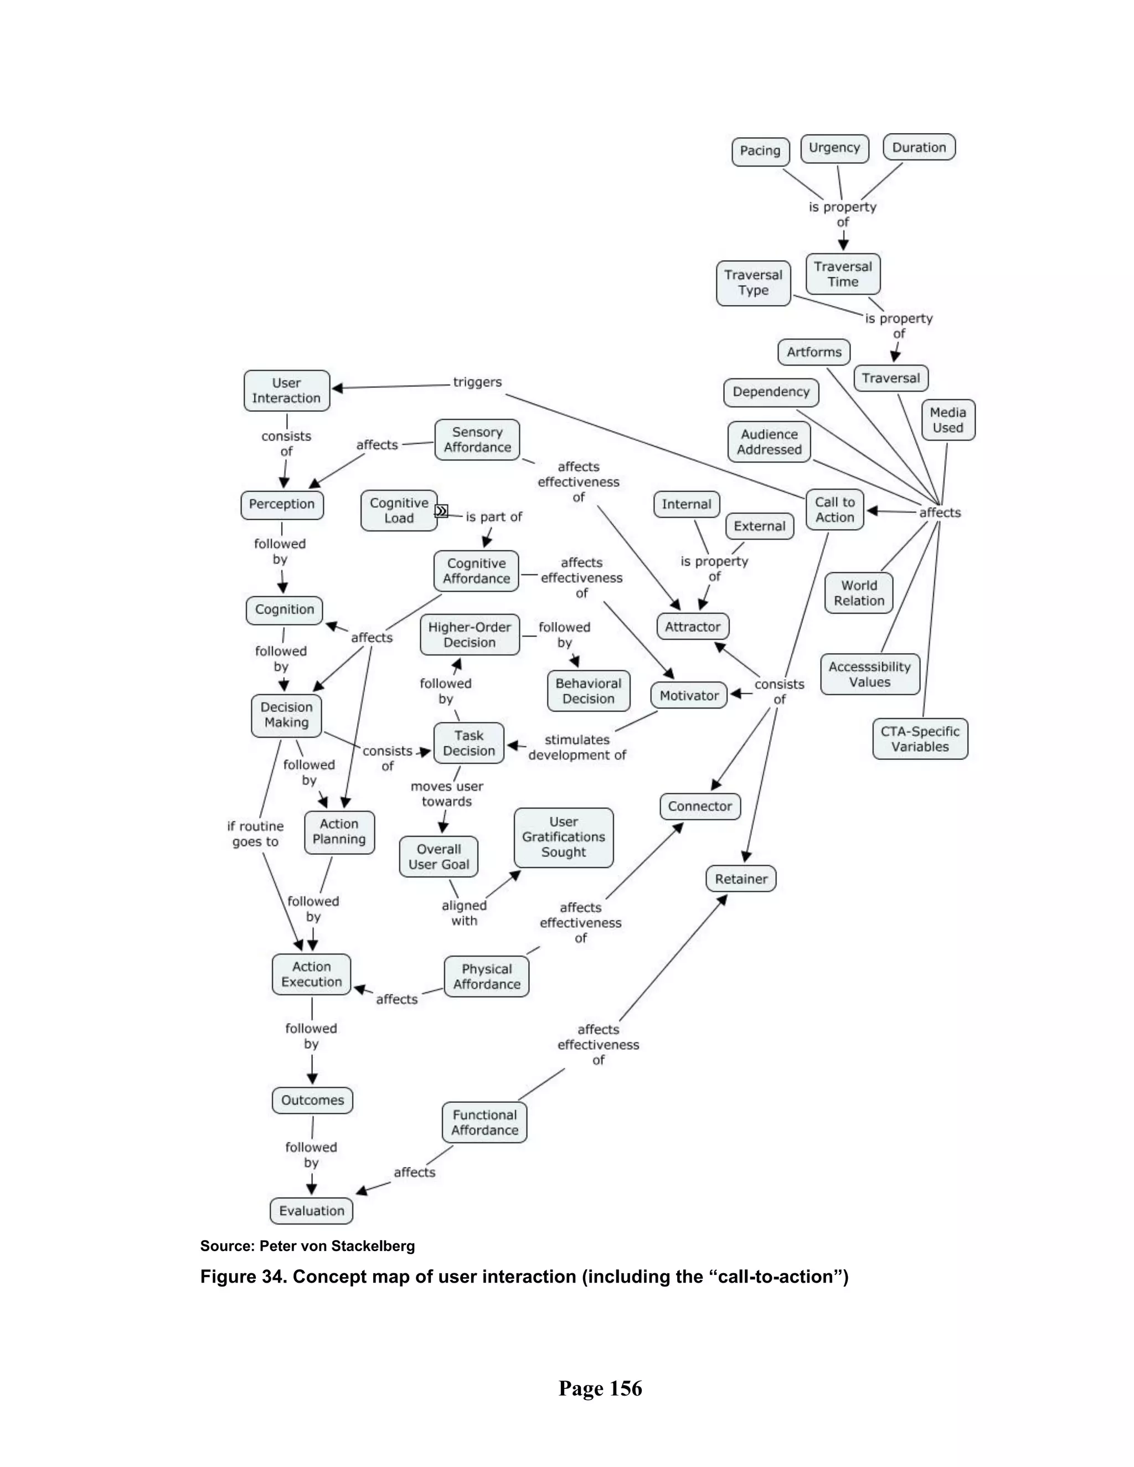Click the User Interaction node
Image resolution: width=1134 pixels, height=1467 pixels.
pyautogui.click(x=286, y=390)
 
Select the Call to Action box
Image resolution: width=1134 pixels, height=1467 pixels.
pyautogui.click(x=834, y=509)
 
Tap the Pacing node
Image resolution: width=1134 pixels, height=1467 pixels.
pyautogui.click(x=760, y=151)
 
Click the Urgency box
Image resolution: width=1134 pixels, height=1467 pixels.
pyautogui.click(x=834, y=148)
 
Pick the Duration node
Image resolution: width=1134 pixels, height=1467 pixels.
pyautogui.click(x=919, y=147)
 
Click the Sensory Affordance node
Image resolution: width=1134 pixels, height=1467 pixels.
pyautogui.click(x=477, y=440)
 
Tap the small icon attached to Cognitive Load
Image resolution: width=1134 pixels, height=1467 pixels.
pyautogui.click(x=441, y=510)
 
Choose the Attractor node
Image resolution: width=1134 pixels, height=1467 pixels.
pyautogui.click(x=692, y=627)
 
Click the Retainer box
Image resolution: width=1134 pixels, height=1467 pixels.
pyautogui.click(x=740, y=879)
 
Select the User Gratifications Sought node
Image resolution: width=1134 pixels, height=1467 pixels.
pyautogui.click(x=563, y=837)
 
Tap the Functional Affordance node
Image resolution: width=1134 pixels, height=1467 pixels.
pyautogui.click(x=484, y=1123)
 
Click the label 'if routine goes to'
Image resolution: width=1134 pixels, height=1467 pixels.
pyautogui.click(x=255, y=834)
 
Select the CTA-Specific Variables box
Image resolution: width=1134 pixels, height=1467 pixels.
pyautogui.click(x=920, y=739)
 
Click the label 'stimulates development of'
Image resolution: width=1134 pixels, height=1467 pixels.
pyautogui.click(x=576, y=747)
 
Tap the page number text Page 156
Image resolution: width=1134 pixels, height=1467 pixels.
pyautogui.click(x=600, y=1388)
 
